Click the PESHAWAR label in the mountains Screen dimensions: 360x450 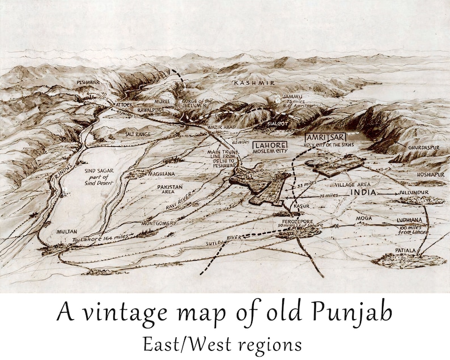coord(88,82)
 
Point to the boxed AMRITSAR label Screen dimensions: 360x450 coord(325,138)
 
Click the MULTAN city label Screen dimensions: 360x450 coord(67,232)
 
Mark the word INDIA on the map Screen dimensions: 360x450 coord(364,193)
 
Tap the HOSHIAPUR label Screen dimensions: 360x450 coord(431,175)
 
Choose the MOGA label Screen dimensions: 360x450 coord(363,218)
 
